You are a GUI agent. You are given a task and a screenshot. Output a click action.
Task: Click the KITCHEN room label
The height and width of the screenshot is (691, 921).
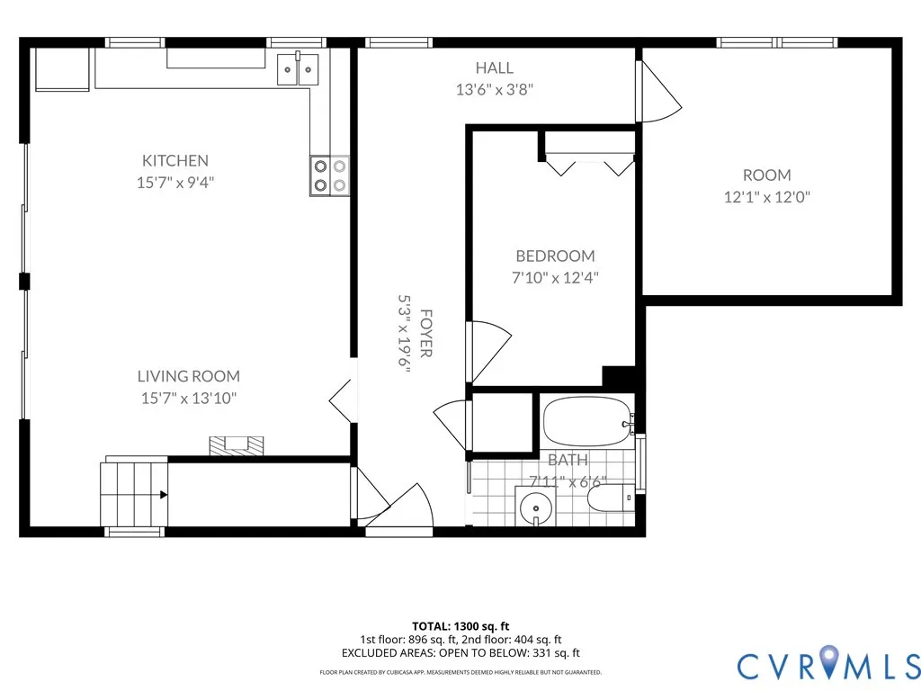pos(175,160)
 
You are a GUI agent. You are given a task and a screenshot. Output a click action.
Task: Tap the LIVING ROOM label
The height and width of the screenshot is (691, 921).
pos(189,376)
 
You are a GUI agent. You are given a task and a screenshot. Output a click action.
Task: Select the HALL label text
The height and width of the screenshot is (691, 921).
pos(495,68)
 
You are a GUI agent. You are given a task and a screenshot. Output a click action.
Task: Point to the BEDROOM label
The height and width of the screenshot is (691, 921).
pos(555,256)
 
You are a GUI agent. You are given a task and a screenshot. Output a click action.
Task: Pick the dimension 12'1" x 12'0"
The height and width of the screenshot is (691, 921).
pos(767,197)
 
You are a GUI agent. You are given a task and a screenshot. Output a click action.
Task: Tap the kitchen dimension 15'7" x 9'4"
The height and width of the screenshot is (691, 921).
pos(175,182)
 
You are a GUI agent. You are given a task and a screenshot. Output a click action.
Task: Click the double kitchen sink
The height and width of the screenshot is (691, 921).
pos(298,69)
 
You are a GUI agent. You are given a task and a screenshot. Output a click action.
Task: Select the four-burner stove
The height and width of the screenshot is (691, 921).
pos(329,175)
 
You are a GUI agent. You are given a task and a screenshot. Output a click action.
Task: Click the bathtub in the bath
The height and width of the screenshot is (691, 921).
pos(588,422)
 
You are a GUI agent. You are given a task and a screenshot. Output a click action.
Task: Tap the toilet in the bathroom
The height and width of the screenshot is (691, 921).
pos(611,498)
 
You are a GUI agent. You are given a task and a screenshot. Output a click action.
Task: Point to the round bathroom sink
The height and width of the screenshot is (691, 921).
pos(535,506)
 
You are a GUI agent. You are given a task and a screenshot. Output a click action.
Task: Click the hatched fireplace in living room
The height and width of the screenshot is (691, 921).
pos(237,445)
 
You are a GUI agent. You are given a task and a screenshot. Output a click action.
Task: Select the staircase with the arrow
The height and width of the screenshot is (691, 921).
pos(135,494)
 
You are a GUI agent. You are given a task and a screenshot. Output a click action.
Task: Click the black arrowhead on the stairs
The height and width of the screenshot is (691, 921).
pos(164,495)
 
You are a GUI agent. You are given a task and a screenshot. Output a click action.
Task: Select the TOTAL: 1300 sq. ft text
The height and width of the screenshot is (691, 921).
pos(460,626)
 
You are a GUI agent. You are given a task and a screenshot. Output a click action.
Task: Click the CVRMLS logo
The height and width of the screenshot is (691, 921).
pos(828,665)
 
